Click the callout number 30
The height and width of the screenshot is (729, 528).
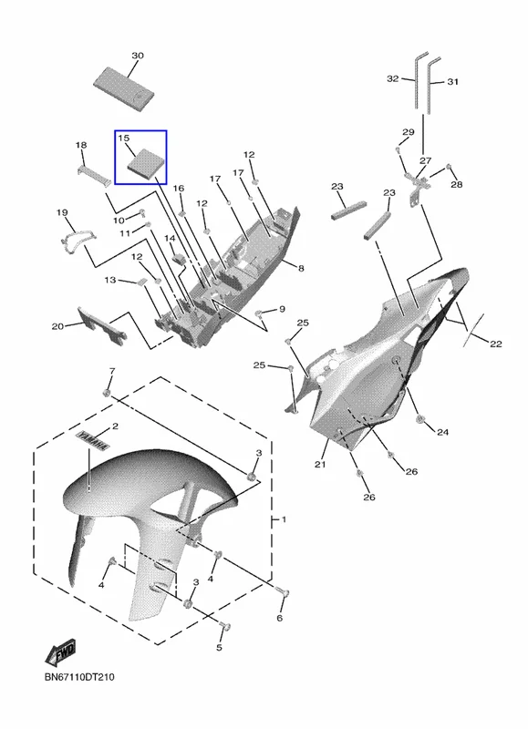pyautogui.click(x=137, y=56)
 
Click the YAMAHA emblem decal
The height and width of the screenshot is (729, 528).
pyautogui.click(x=93, y=441)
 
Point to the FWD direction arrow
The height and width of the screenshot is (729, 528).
pyautogui.click(x=60, y=652)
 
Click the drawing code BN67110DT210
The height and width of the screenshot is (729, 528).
pyautogui.click(x=79, y=677)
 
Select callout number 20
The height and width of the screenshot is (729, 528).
pyautogui.click(x=57, y=327)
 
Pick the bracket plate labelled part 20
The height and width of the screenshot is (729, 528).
pyautogui.click(x=101, y=325)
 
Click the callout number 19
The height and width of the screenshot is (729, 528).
pyautogui.click(x=62, y=213)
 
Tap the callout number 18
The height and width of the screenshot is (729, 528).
pyautogui.click(x=81, y=145)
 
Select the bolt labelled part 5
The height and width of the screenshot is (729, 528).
pyautogui.click(x=225, y=627)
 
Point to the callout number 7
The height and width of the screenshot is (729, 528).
pyautogui.click(x=111, y=371)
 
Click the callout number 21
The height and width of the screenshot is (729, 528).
pyautogui.click(x=320, y=464)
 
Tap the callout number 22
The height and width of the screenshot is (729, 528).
pyautogui.click(x=496, y=344)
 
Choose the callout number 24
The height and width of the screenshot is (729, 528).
pyautogui.click(x=442, y=432)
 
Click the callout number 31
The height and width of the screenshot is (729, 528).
pyautogui.click(x=452, y=82)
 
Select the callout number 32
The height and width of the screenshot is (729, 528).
pyautogui.click(x=393, y=78)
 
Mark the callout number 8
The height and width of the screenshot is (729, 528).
pyautogui.click(x=301, y=268)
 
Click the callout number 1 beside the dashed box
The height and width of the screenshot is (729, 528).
pyautogui.click(x=284, y=519)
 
